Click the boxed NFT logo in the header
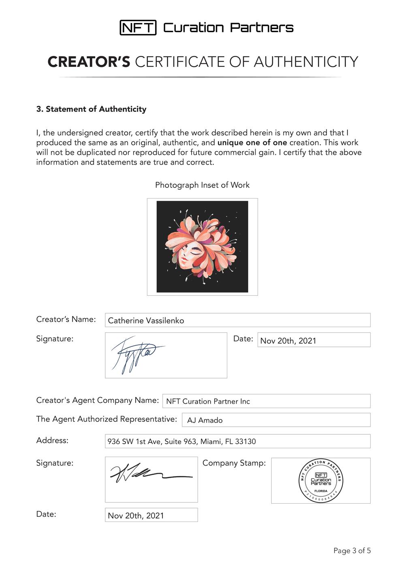[x=138, y=28]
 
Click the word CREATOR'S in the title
[x=89, y=62]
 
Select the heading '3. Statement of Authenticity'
[x=91, y=109]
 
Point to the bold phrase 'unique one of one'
[x=252, y=143]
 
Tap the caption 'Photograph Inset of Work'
[x=202, y=185]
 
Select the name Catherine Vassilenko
[x=146, y=321]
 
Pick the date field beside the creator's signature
[x=313, y=340]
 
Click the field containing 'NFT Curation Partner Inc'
[x=266, y=401]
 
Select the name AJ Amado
[x=205, y=420]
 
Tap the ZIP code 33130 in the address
[x=245, y=442]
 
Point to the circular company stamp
[x=321, y=481]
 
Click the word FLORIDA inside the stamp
[x=321, y=491]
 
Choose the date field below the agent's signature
[x=151, y=515]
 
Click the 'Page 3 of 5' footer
[x=352, y=551]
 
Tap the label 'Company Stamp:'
[x=234, y=463]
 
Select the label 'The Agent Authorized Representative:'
[x=107, y=419]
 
